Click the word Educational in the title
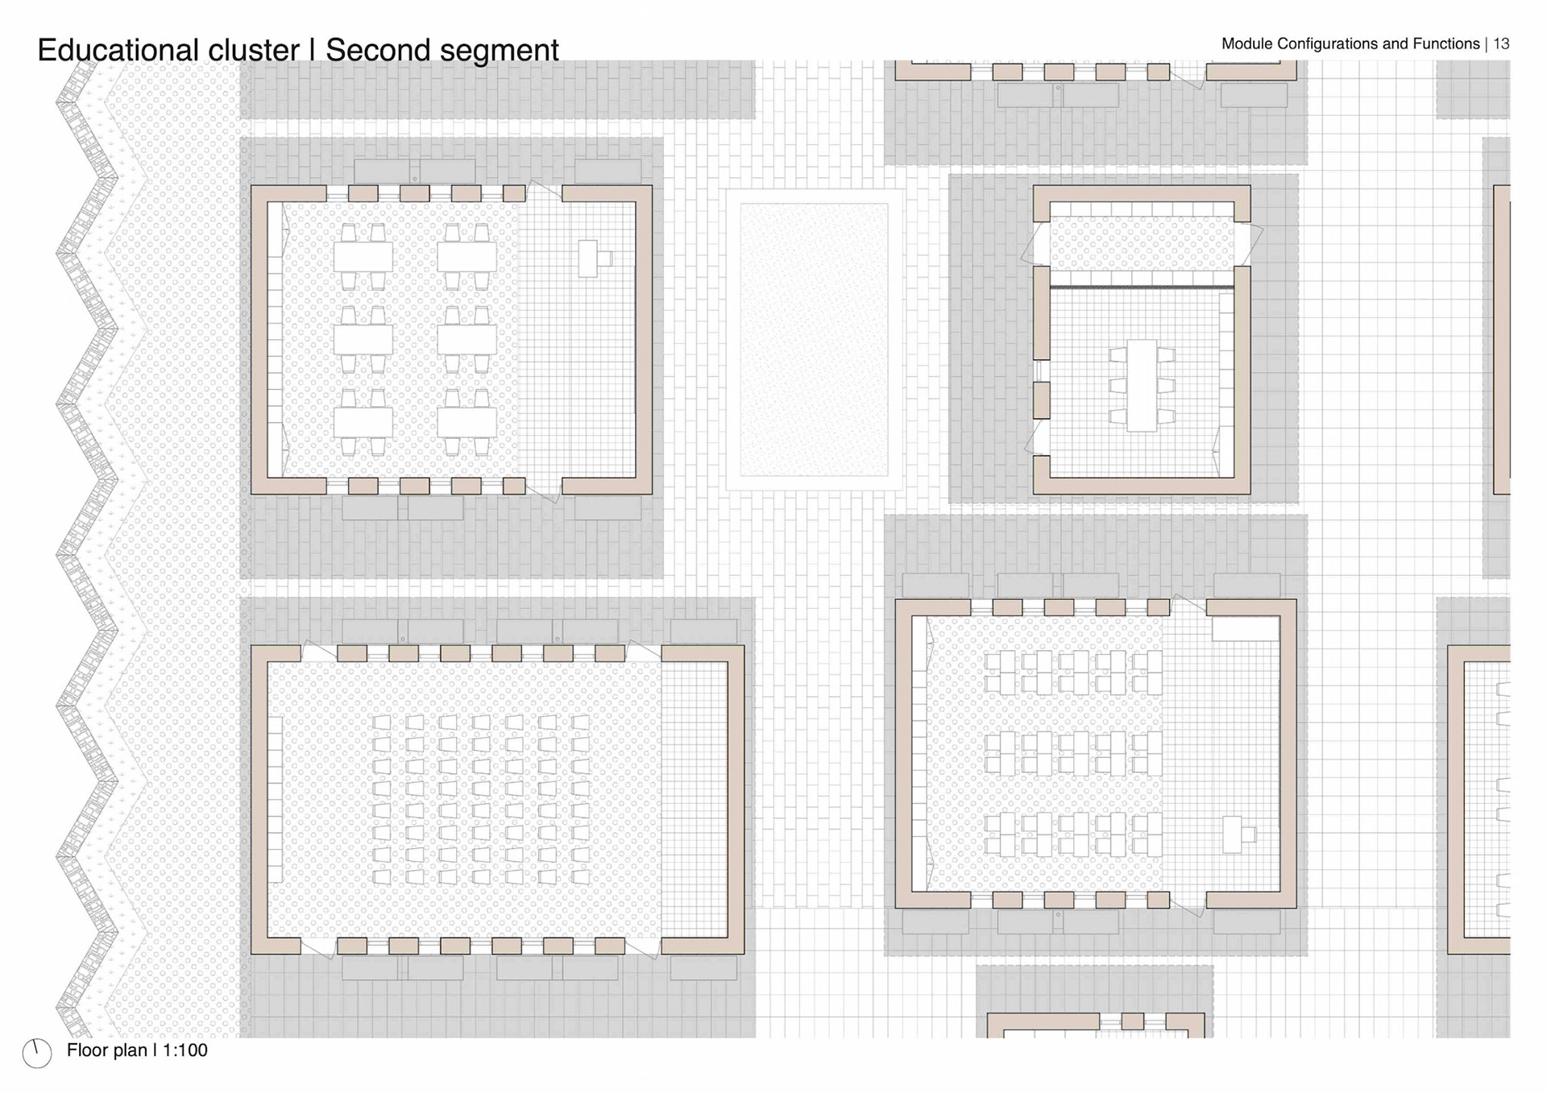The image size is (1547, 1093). coord(118,50)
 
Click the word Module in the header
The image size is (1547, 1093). coord(1246,43)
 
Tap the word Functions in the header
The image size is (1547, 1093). coord(1447,43)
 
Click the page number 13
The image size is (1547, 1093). coord(1501,43)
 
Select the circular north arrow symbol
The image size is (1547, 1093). coord(37,1053)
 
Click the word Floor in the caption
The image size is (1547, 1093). coord(85,1050)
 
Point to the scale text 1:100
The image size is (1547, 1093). coord(185,1050)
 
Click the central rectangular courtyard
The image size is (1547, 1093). coord(814,339)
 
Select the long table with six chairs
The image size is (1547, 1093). coord(1142,385)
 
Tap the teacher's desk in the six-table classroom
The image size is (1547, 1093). coord(589,259)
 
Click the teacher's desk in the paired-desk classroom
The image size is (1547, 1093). coord(1234,834)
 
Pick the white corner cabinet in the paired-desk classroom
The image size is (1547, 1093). coord(1246,629)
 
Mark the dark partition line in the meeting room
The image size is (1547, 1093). coord(1141,287)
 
